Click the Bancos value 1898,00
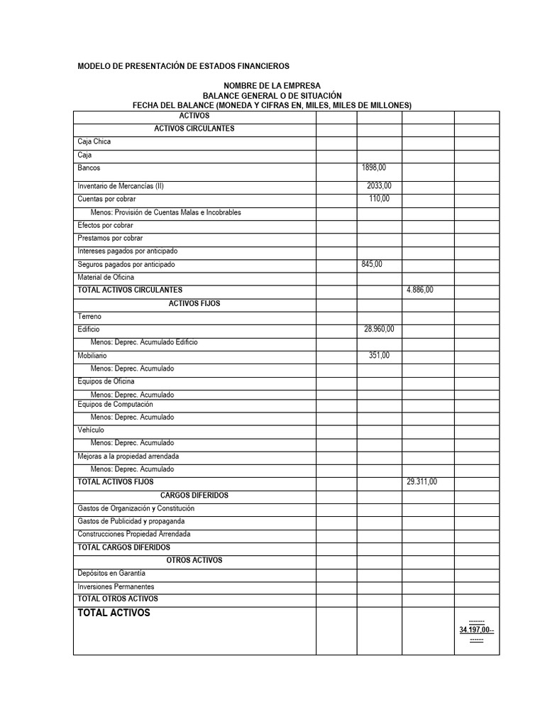(374, 168)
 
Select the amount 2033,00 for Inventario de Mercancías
(379, 186)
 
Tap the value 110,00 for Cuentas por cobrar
(379, 199)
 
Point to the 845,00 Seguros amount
(372, 264)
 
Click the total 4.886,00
(419, 290)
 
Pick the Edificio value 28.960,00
(379, 329)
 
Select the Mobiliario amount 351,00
(379, 356)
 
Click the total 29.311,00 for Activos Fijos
(422, 482)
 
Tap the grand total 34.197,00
(476, 630)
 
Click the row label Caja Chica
(94, 141)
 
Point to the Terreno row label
(89, 317)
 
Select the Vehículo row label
(91, 430)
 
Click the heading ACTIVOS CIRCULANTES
(194, 129)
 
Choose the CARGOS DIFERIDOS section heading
(194, 496)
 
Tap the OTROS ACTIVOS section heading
(194, 560)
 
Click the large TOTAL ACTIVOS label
(114, 613)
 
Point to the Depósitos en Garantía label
(111, 573)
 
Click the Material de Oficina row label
(106, 277)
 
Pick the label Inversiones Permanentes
(116, 586)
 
